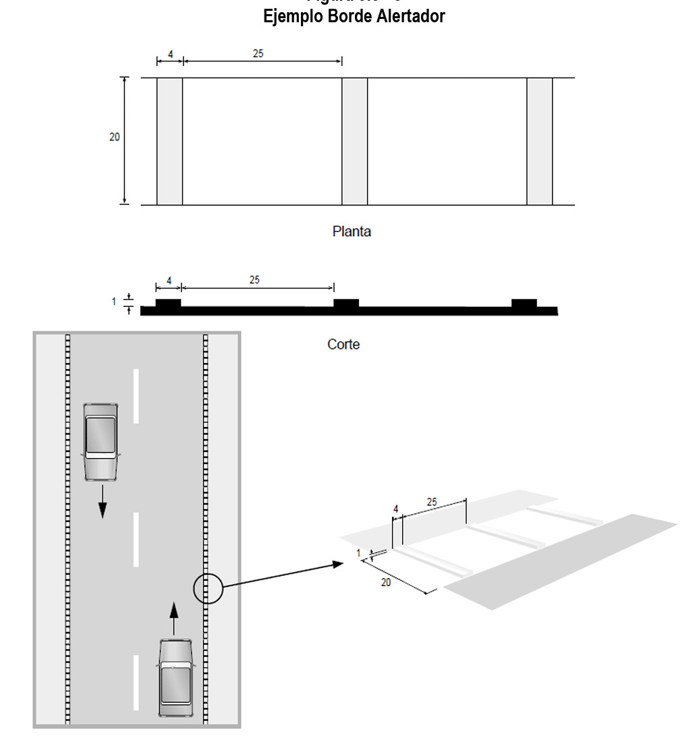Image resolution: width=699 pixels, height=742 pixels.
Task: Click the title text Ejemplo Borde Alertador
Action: pos(354,16)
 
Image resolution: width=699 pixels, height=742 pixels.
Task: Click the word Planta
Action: pos(352,231)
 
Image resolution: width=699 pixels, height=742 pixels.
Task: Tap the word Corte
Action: pos(343,344)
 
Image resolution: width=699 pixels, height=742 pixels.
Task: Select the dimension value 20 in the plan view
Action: pos(115,137)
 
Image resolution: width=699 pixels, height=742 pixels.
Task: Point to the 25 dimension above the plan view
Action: pos(258,53)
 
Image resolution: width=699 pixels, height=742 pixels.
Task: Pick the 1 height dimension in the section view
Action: pos(114,302)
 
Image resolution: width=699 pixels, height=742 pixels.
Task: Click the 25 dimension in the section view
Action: pos(254,279)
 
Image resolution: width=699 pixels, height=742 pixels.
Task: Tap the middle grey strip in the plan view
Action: pos(355,141)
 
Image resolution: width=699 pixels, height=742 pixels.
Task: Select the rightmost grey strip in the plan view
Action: pos(540,141)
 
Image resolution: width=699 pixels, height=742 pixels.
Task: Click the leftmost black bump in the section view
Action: pos(168,303)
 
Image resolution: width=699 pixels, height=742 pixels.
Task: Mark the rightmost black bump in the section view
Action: pos(524,303)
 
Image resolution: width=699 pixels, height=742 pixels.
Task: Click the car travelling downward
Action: pos(101,441)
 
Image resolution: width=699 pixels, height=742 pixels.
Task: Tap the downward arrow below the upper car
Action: pos(102,501)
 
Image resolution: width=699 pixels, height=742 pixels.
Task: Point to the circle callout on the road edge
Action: pos(208,588)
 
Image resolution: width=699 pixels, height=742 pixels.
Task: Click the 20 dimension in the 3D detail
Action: pos(386,583)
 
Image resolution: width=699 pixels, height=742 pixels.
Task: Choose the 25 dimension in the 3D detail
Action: pos(432,502)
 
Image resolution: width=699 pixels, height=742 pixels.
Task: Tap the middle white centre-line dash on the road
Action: pos(136,539)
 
